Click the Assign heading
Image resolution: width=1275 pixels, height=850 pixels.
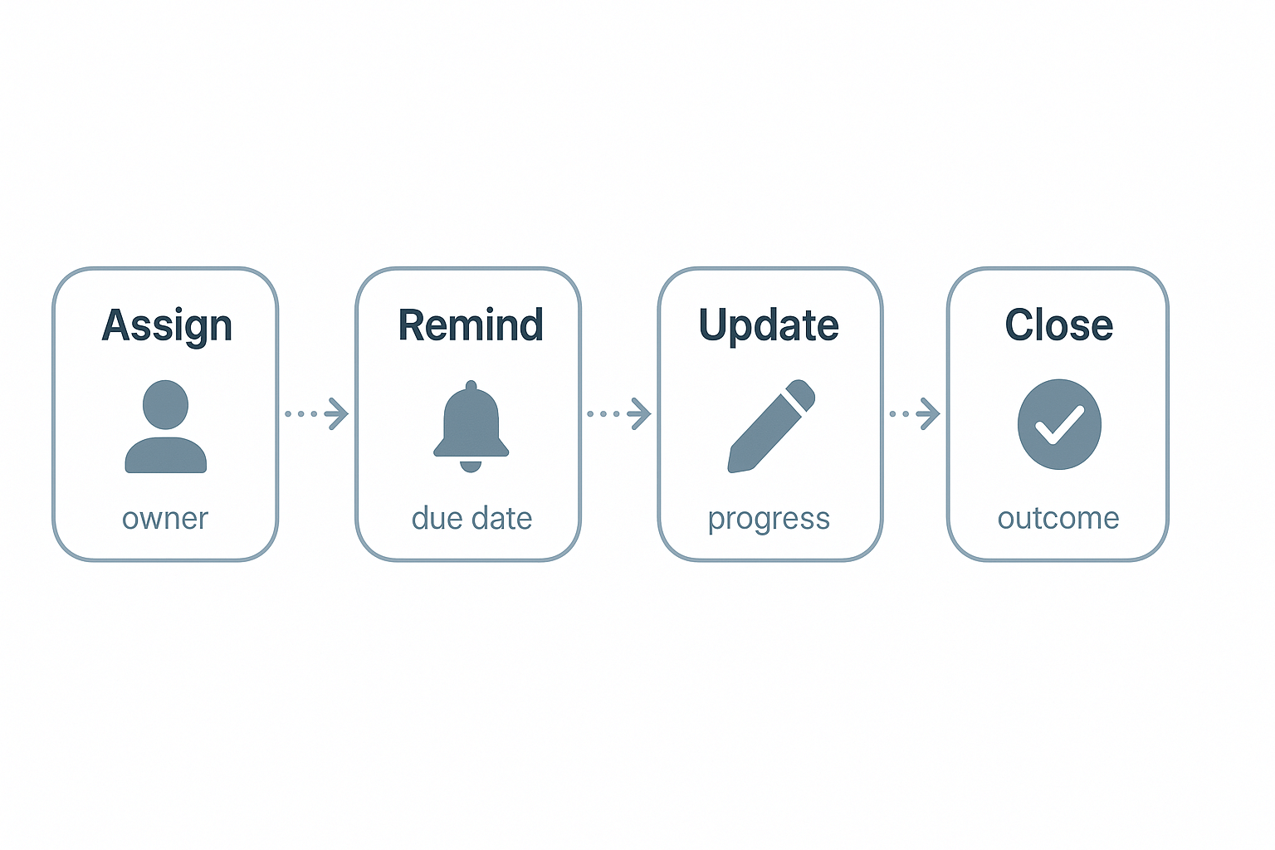[x=167, y=325]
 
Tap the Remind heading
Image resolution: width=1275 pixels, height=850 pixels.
[x=471, y=325]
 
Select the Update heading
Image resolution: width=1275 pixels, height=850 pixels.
[x=769, y=325]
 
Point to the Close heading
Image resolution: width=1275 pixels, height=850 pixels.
[x=1058, y=325]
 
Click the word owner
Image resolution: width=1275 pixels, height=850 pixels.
[x=165, y=518]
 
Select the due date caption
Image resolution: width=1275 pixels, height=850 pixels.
[x=471, y=518]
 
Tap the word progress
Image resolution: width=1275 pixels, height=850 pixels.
[x=769, y=520]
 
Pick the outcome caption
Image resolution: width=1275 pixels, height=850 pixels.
[x=1058, y=518]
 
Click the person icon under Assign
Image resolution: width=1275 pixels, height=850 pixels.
[x=165, y=427]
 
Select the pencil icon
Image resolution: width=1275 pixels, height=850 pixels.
[x=771, y=426]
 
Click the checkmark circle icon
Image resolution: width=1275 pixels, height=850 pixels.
[x=1059, y=424]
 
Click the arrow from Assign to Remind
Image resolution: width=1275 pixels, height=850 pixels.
[x=316, y=413]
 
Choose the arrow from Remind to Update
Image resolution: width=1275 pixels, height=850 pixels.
[x=618, y=413]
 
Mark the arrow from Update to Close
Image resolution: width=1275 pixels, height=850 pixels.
[x=915, y=413]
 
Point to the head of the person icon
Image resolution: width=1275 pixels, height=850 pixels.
[x=165, y=405]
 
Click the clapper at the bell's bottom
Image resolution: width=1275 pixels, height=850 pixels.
[x=471, y=466]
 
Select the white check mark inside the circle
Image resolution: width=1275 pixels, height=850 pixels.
[x=1059, y=425]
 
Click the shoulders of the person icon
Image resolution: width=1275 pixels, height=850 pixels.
[x=165, y=456]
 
